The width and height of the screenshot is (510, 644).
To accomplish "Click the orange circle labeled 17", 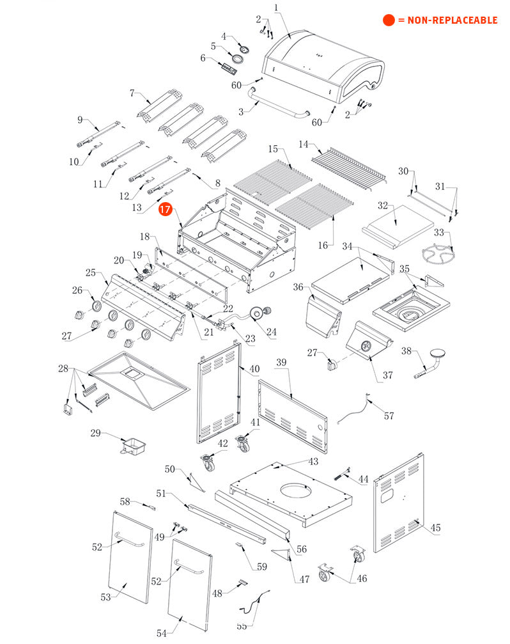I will [166, 209].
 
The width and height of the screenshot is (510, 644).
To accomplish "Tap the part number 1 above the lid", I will [276, 8].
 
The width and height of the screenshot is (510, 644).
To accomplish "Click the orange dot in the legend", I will [389, 20].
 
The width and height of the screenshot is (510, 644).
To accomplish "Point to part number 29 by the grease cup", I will [95, 433].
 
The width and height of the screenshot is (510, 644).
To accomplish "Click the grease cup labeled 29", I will [132, 444].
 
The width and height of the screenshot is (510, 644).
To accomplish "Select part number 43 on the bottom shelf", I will [313, 461].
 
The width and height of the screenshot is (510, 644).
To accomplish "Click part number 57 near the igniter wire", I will [389, 416].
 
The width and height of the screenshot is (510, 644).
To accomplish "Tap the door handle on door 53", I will [129, 542].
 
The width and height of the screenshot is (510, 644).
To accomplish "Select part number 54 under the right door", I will [161, 632].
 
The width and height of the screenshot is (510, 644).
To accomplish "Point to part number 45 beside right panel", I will [435, 528].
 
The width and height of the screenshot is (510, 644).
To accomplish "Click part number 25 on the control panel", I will [91, 273].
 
